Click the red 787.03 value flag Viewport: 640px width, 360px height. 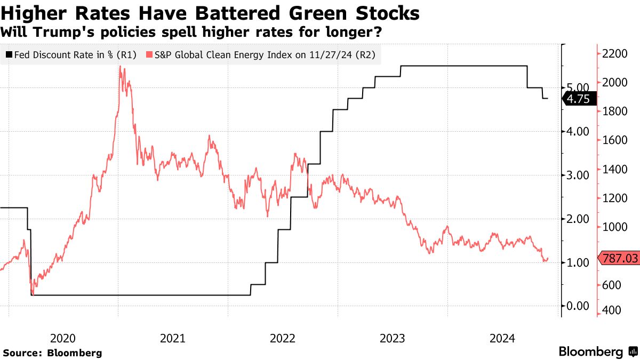619,259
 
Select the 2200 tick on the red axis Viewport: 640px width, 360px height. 613,54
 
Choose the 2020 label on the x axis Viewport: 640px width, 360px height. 63,338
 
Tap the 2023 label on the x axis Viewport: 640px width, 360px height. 393,338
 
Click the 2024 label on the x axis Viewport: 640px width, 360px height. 502,338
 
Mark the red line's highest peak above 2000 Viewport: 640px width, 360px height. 120,67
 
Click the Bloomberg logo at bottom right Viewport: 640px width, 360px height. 597,352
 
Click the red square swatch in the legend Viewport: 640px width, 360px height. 150,54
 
